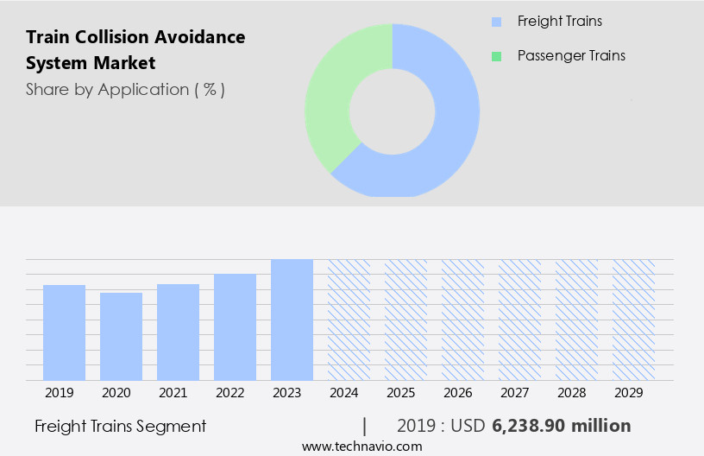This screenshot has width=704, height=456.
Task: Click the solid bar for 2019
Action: (64, 332)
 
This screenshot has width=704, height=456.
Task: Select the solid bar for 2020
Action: (121, 336)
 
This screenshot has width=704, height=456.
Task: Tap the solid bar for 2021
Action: (178, 332)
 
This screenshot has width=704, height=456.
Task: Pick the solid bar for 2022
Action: (235, 326)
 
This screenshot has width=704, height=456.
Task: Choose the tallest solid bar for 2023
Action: (292, 320)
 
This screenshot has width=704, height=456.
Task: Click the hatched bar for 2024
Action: (349, 320)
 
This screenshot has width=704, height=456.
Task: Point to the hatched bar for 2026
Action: (462, 320)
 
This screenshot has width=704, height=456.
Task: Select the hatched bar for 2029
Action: (633, 320)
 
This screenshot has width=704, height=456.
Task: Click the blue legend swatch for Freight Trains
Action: (495, 22)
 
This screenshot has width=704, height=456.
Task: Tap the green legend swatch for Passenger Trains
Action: (495, 56)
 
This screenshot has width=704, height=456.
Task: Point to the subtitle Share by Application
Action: (125, 89)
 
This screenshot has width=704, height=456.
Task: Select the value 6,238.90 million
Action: (561, 426)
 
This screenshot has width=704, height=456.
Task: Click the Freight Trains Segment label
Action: (120, 426)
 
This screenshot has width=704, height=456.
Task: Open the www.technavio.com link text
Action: (361, 446)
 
